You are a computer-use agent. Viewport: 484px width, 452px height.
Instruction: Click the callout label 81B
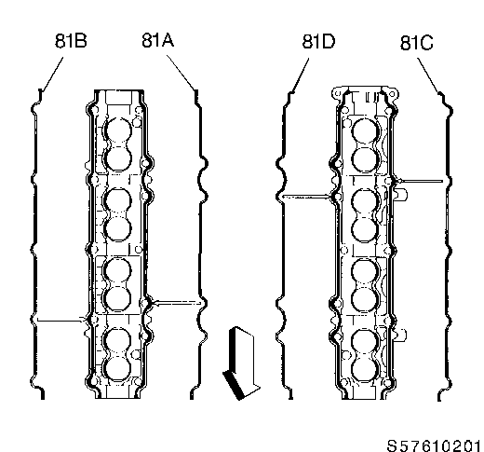[71, 40]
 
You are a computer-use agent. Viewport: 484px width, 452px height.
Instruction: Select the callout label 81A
[157, 40]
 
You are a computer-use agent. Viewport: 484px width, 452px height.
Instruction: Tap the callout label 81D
[318, 41]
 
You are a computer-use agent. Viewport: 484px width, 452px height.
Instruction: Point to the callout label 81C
[416, 43]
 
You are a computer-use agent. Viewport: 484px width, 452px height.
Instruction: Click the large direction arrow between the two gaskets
[241, 363]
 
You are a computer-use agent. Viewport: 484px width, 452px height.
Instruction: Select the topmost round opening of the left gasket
[118, 131]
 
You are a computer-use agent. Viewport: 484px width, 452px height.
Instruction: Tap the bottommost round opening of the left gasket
[117, 368]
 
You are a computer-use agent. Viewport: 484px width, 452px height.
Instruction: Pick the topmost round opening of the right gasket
[365, 131]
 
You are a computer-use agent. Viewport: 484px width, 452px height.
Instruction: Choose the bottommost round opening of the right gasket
[365, 370]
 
